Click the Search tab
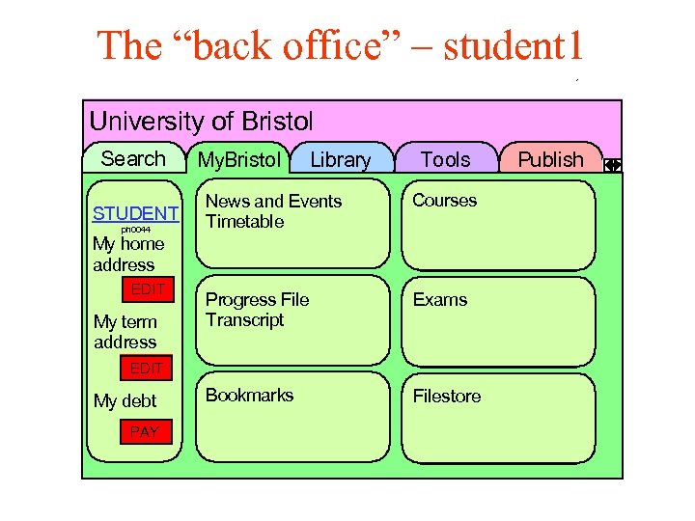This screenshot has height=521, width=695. [x=133, y=159]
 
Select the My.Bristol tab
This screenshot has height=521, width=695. [x=238, y=160]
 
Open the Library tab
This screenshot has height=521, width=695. [x=340, y=160]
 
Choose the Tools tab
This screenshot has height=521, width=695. [x=446, y=160]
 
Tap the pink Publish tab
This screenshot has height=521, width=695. [x=550, y=160]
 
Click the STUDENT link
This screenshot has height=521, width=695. [x=135, y=213]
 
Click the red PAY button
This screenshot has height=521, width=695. [x=144, y=431]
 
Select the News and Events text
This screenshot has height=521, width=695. [x=273, y=201]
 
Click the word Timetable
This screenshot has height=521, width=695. [x=245, y=221]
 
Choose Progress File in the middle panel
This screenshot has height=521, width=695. [x=257, y=299]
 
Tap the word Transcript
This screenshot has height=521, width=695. [x=245, y=319]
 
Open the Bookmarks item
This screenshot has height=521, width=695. [x=249, y=395]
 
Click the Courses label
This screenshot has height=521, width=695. [x=445, y=201]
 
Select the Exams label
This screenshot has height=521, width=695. [x=440, y=299]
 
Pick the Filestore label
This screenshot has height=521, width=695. [x=447, y=396]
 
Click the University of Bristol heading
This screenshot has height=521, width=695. [x=201, y=122]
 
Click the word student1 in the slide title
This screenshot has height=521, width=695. [x=513, y=45]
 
